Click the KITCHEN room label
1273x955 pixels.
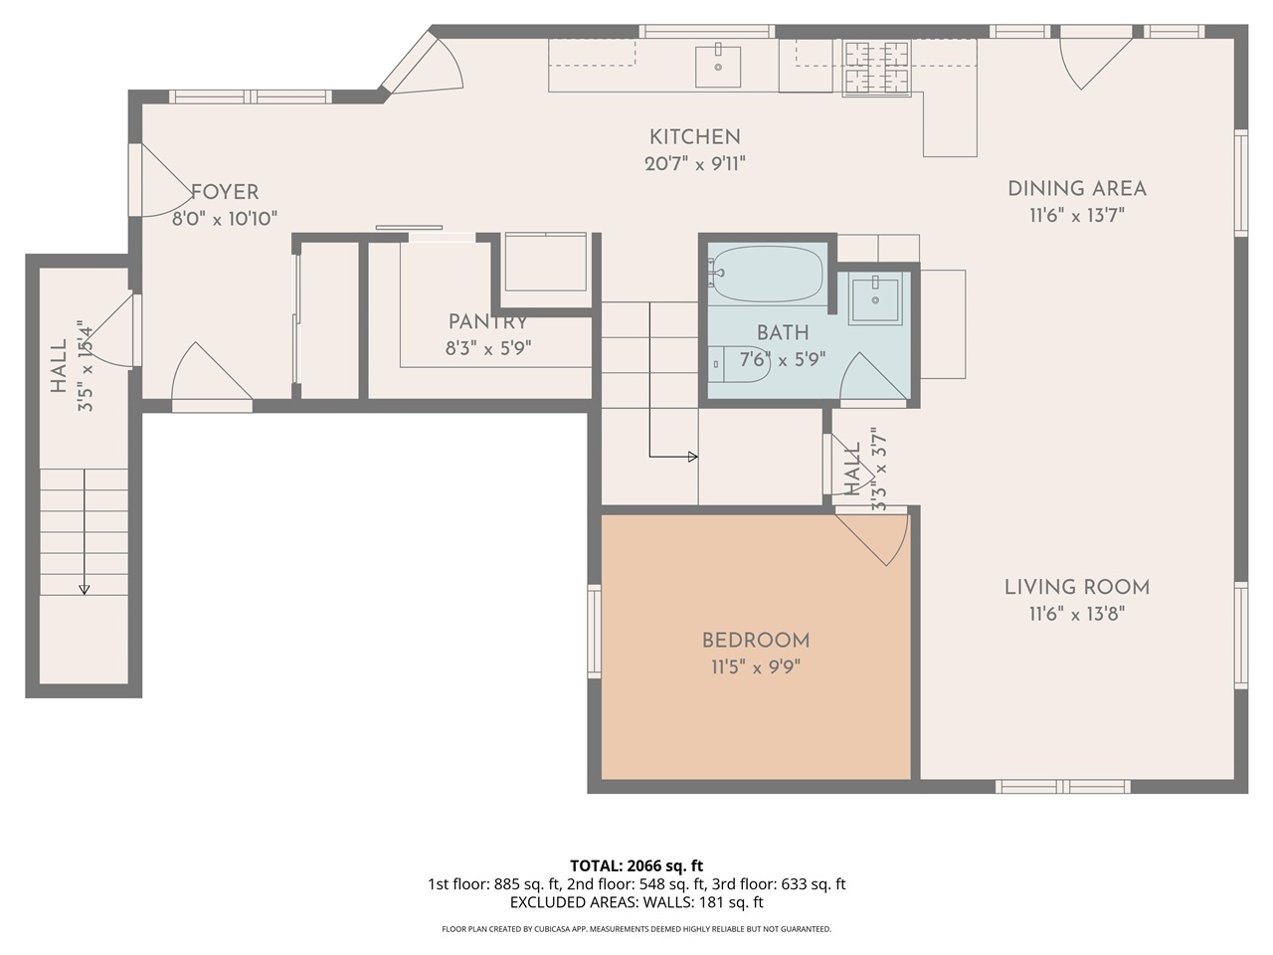pos(695,137)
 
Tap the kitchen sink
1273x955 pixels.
pos(718,65)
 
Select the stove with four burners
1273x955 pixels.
pos(876,68)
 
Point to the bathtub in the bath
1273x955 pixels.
pos(767,274)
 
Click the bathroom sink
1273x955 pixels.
pos(875,298)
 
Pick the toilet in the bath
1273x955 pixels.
pos(738,363)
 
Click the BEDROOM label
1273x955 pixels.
pos(756,641)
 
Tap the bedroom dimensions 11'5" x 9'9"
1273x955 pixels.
pos(756,668)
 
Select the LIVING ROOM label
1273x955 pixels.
pos(1077,587)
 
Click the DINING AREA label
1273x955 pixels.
pos(1077,189)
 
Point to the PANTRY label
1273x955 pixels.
pos(487,321)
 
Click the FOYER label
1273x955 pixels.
pos(225,192)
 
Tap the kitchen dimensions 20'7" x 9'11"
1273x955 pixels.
pos(695,164)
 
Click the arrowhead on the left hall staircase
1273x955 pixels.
pos(85,590)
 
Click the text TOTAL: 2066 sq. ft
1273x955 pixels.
pos(636,865)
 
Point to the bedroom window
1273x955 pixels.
pos(594,631)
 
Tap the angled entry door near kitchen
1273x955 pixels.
pos(423,64)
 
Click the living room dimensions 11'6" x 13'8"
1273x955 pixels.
pos(1077,614)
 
